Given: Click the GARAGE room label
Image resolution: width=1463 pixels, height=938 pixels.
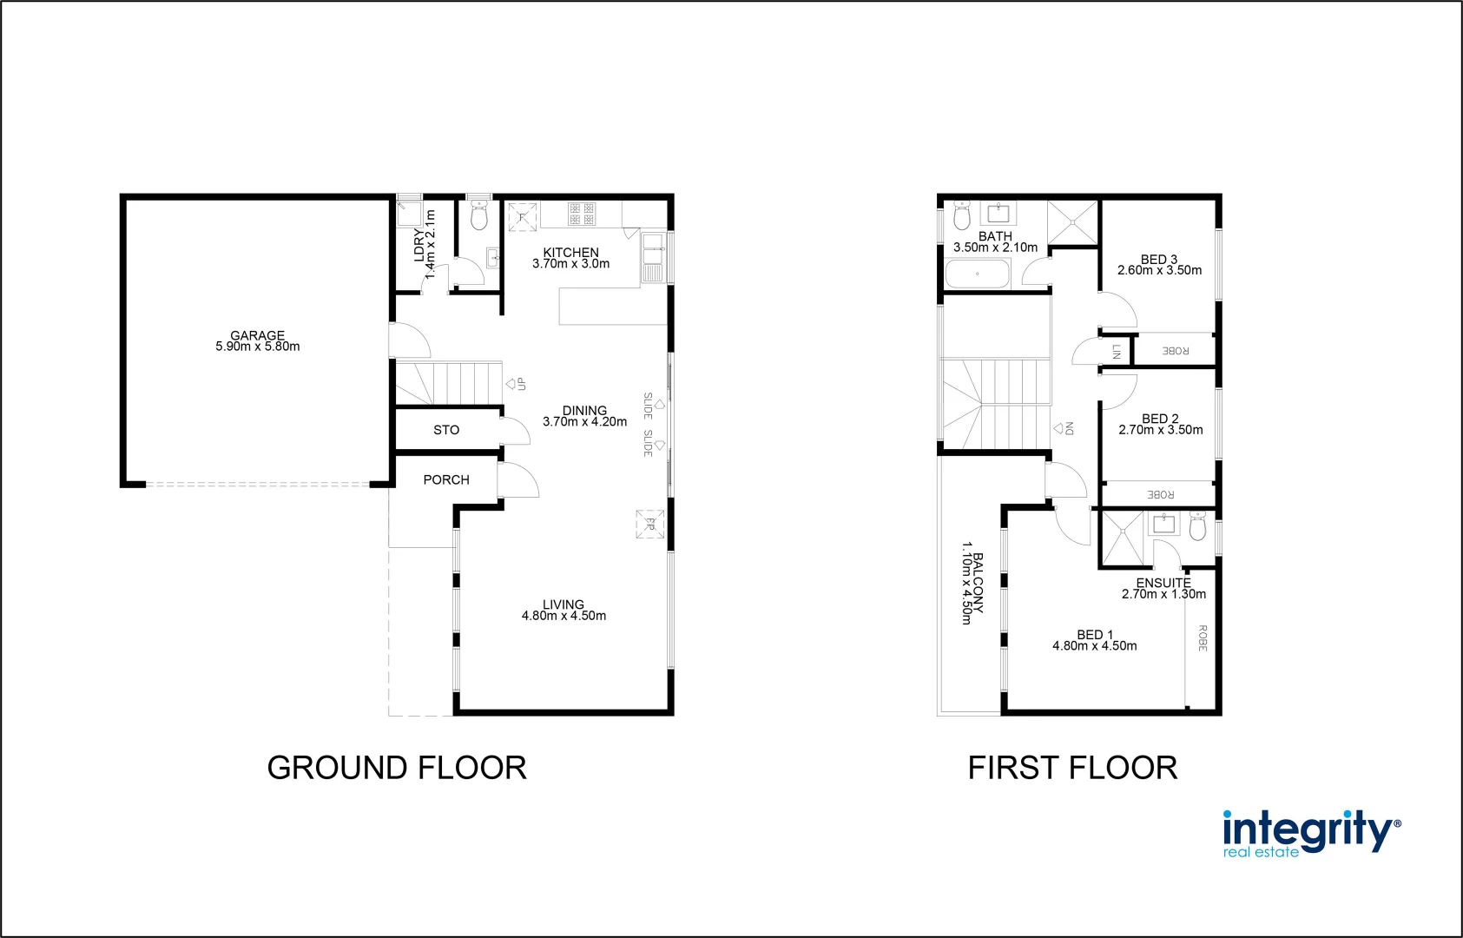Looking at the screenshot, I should coord(257,340).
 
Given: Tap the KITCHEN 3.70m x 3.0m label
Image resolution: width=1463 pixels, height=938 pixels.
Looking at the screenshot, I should coord(570,258).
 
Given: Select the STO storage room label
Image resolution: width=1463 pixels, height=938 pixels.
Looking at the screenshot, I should coord(446,430).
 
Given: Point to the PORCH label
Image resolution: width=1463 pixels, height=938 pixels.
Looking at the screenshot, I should coord(446,479).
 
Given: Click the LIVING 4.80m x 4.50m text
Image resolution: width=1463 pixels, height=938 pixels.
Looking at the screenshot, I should coord(563,610).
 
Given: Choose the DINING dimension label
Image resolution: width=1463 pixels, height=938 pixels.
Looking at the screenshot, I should coord(584,416).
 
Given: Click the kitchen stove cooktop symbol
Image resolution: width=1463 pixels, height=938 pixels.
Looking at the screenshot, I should coord(582,214).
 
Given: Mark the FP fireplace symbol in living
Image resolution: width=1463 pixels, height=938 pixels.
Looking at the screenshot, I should coord(649,525).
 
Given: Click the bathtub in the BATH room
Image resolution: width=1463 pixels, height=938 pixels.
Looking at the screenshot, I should coord(978,275).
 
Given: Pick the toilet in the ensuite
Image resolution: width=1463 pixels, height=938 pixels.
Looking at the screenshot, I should coord(1197,525).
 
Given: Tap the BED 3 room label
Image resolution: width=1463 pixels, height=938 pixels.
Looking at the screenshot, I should coord(1159,264).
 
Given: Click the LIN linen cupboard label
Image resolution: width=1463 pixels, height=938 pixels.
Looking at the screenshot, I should coord(1117,351).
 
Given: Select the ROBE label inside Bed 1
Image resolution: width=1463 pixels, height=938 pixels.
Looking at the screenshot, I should coord(1203,637).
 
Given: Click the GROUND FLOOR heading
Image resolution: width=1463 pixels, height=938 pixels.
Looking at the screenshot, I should coord(397,768).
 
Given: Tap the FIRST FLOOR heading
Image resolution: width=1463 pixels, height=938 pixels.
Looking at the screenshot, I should coord(1072,768).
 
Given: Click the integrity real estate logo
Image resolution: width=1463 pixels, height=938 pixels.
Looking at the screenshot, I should coord(1310,835).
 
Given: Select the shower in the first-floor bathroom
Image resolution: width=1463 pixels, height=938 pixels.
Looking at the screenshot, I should coord(1073,222).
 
